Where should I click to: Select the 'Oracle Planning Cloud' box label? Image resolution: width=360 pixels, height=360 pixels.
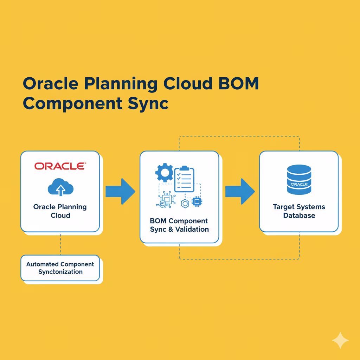60,211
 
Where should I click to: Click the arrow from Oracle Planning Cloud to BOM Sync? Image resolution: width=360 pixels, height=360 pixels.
120,191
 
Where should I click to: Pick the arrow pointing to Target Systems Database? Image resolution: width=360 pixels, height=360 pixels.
240,191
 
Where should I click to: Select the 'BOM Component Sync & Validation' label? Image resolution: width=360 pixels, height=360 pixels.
179,225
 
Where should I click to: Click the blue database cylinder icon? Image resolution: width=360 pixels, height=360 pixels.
299,180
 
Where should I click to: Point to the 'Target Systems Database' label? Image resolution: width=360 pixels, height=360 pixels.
299,211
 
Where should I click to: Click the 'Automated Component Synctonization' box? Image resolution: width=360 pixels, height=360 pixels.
60,268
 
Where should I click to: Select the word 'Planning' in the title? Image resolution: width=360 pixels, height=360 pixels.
121,84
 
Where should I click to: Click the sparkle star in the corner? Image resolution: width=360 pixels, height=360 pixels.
340,340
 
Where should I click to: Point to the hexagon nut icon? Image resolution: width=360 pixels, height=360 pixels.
185,203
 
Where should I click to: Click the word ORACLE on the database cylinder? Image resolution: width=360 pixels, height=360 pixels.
299,184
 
